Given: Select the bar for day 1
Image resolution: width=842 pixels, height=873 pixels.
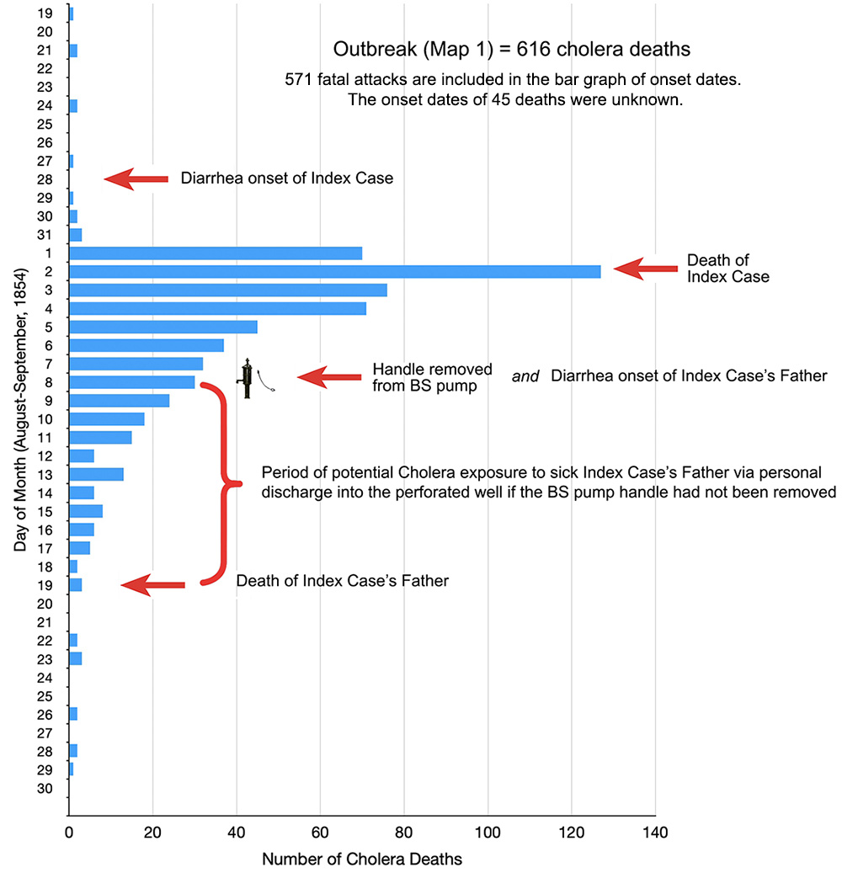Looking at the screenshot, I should (x=215, y=253).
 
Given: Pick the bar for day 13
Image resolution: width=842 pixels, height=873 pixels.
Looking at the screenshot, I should (x=96, y=474).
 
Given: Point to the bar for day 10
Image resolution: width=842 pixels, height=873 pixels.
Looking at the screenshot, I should (x=106, y=418).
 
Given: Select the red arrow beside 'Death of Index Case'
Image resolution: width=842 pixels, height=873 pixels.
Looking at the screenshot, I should (x=645, y=269).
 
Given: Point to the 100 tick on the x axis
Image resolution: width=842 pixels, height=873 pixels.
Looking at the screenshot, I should (x=488, y=833).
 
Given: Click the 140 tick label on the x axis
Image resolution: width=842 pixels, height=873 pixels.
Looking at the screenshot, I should (x=655, y=833).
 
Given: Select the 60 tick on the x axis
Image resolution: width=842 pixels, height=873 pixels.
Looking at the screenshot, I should (x=321, y=833).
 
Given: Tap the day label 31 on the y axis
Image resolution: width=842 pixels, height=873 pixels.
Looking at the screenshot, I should (x=45, y=235).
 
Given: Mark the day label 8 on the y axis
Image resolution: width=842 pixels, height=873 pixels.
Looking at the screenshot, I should (x=50, y=382).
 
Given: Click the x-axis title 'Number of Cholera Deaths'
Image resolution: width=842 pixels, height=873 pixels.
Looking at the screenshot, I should (x=362, y=860).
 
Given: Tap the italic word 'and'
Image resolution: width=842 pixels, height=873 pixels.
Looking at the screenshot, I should (x=525, y=376).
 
